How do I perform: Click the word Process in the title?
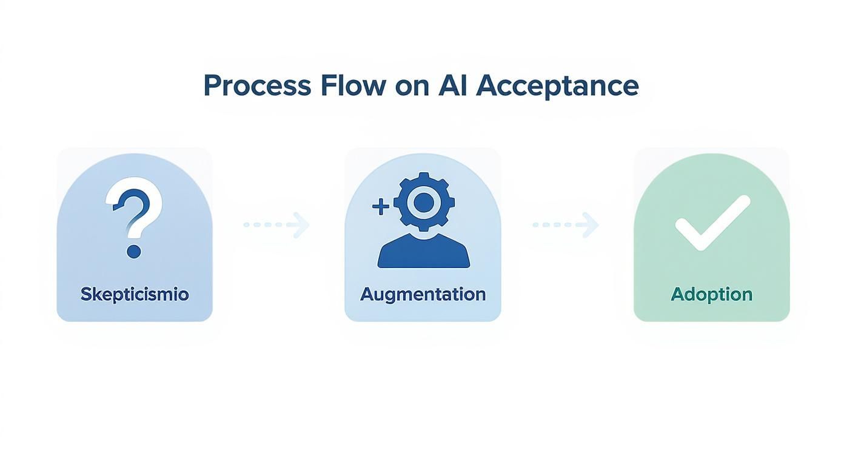point(256,86)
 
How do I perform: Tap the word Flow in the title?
point(353,86)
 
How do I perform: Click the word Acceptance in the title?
point(557,86)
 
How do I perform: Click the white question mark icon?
point(135,206)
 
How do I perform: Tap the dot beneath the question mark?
point(134,251)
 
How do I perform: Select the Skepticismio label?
point(135,294)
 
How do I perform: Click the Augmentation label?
point(423,294)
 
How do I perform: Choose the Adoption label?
point(711,294)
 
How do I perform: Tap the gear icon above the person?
point(423,202)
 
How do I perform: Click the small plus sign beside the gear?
point(380,207)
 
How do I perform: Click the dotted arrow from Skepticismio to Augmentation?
point(276,225)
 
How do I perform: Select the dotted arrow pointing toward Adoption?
point(565,225)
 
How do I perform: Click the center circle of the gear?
point(423,202)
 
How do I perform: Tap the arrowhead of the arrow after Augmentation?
point(590,225)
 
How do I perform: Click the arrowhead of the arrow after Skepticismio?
point(301,225)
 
